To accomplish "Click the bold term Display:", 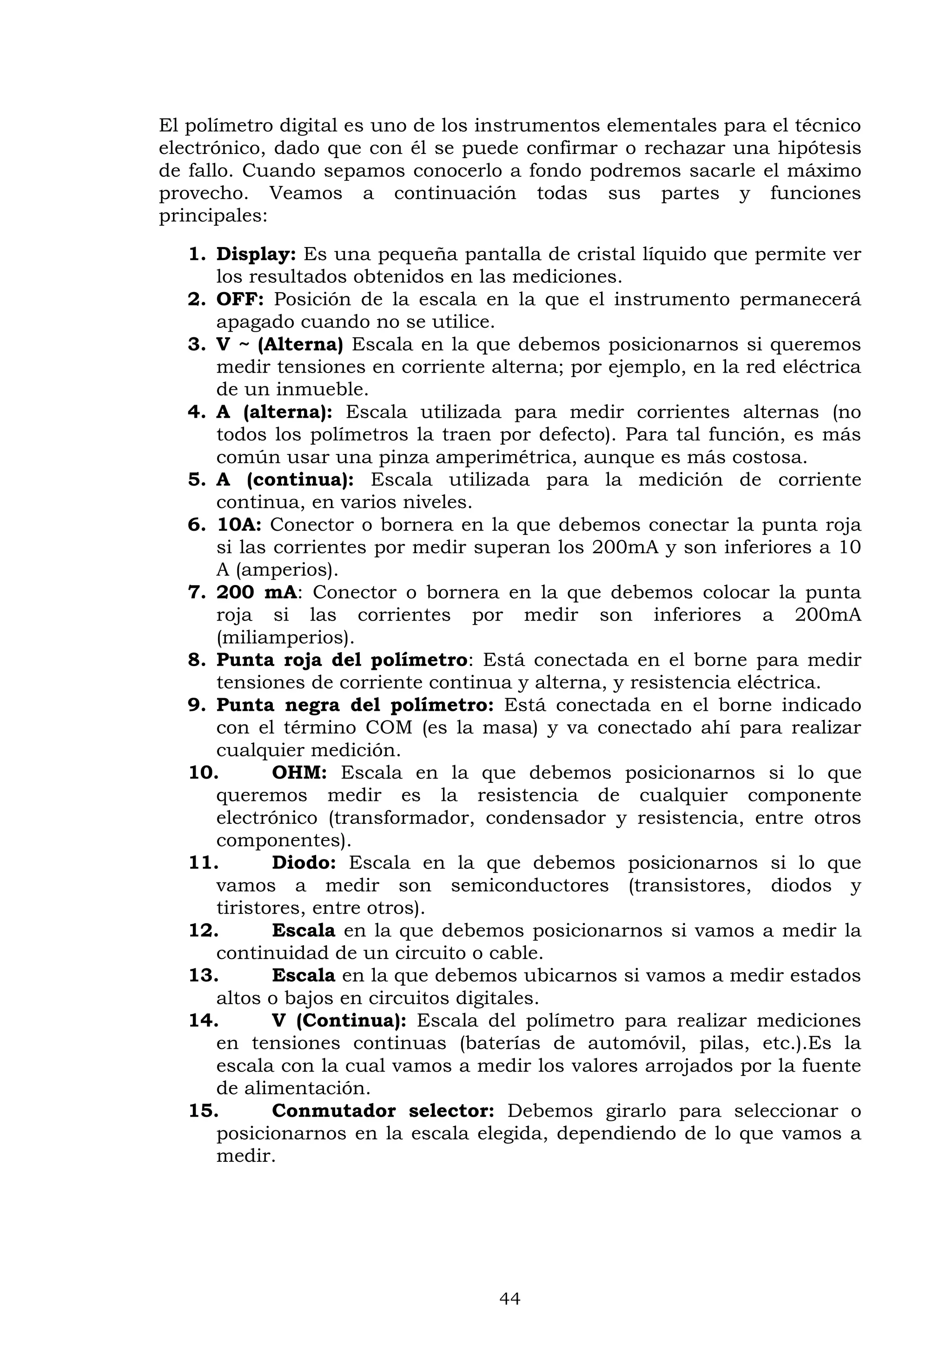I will coord(256,254).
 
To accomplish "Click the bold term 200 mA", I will coord(257,593).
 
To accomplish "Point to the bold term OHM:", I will coord(299,773).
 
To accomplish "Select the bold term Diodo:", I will coord(304,863).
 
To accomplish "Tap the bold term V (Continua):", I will coord(339,1021).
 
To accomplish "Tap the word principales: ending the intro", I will coord(213,216).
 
